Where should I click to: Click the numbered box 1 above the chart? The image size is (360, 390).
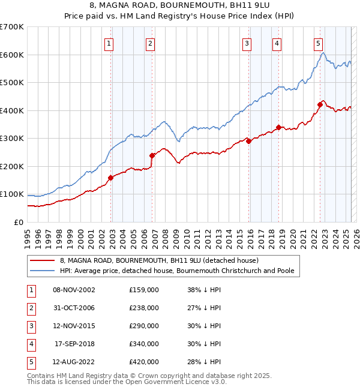pyautogui.click(x=109, y=43)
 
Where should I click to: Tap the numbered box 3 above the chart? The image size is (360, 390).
pyautogui.click(x=247, y=43)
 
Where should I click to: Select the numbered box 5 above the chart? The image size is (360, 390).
pyautogui.click(x=318, y=43)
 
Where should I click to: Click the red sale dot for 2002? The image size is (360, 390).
pyautogui.click(x=111, y=178)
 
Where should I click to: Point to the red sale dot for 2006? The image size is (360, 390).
pyautogui.click(x=152, y=155)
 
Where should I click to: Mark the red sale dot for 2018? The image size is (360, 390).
pyautogui.click(x=278, y=127)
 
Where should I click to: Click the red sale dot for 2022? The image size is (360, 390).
pyautogui.click(x=320, y=105)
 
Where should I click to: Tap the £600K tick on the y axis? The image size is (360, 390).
pyautogui.click(x=12, y=55)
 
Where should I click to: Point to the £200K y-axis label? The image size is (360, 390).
pyautogui.click(x=12, y=166)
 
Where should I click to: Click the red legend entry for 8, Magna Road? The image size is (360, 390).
pyautogui.click(x=159, y=260)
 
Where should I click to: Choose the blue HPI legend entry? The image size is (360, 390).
pyautogui.click(x=176, y=271)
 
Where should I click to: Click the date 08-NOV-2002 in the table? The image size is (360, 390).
pyautogui.click(x=74, y=290)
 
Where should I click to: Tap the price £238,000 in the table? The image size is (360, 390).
pyautogui.click(x=144, y=308)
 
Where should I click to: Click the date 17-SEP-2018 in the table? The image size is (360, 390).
pyautogui.click(x=74, y=344)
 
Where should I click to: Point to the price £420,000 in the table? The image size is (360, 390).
pyautogui.click(x=144, y=362)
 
